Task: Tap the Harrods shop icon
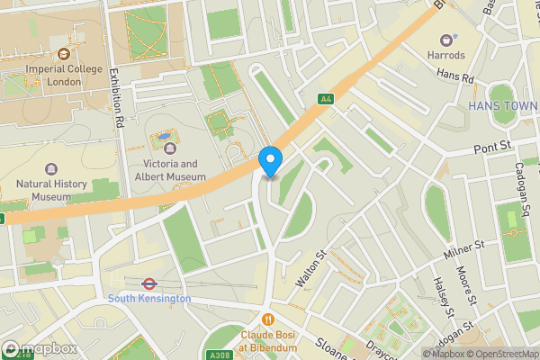tap(445, 40)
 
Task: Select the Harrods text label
tap(446, 55)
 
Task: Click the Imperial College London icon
tap(64, 53)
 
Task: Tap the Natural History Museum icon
tap(51, 169)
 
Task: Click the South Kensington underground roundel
tap(149, 283)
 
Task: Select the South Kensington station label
tap(149, 298)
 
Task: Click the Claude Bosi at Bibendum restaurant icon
tap(267, 319)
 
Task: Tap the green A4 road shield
tap(326, 99)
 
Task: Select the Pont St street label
tap(492, 145)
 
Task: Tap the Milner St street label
tap(464, 249)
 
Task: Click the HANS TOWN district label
tap(502, 106)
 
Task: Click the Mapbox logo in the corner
tap(40, 348)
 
